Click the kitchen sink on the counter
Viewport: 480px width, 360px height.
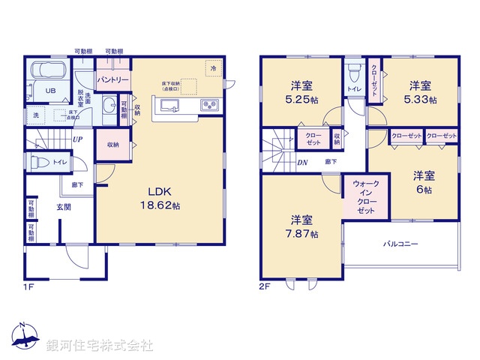click(x=166, y=106)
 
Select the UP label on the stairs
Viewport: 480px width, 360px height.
click(x=78, y=139)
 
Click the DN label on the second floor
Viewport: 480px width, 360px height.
click(x=302, y=162)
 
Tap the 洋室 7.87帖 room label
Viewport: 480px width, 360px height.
click(x=304, y=226)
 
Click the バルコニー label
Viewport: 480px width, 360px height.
click(x=401, y=244)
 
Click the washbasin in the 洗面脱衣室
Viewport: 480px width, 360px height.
click(x=109, y=105)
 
